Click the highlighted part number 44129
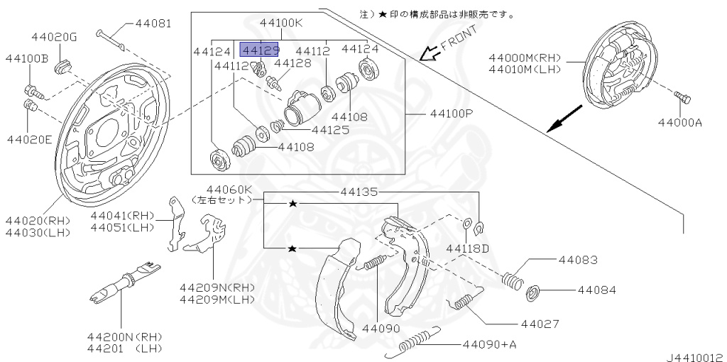260,50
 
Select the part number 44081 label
153,23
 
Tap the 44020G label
54,37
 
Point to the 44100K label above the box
281,23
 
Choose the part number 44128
293,63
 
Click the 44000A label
679,122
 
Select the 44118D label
468,248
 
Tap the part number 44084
596,290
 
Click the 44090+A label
490,345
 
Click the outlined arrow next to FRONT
427,53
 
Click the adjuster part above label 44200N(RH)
124,285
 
